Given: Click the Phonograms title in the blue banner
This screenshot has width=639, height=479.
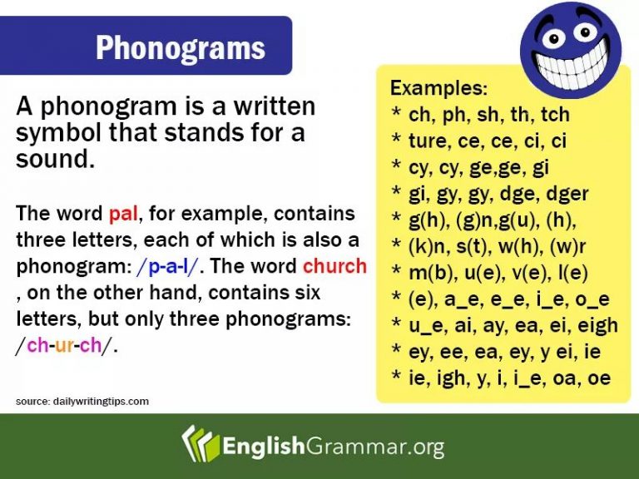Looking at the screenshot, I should (x=181, y=47).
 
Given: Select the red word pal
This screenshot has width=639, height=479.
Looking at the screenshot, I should (x=123, y=214).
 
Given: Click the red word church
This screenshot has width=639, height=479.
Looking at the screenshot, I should (x=334, y=267).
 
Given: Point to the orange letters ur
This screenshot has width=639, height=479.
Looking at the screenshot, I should (x=65, y=346).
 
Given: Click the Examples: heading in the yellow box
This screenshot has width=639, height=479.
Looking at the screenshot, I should (x=438, y=88).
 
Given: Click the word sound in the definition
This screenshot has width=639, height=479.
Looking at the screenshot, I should (x=52, y=160).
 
